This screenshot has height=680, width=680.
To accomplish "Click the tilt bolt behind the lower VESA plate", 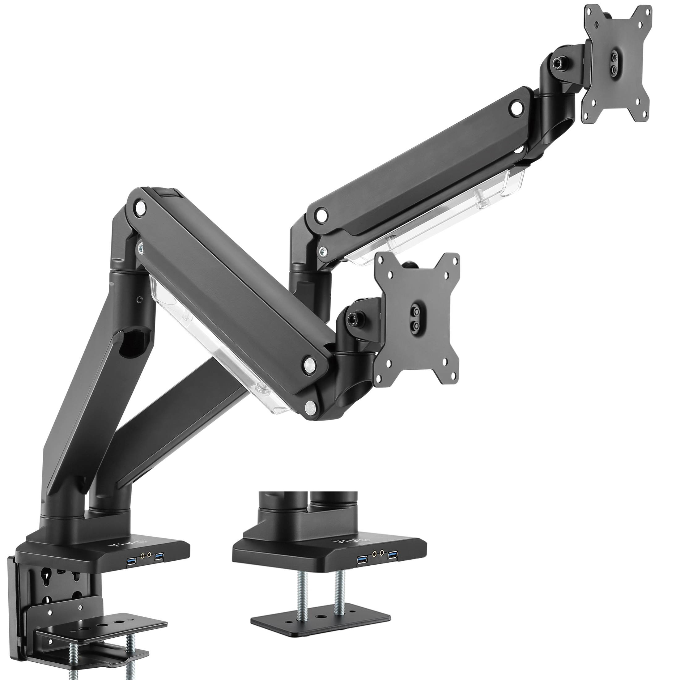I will (x=352, y=320).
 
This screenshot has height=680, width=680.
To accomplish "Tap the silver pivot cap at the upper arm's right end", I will (x=516, y=107).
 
